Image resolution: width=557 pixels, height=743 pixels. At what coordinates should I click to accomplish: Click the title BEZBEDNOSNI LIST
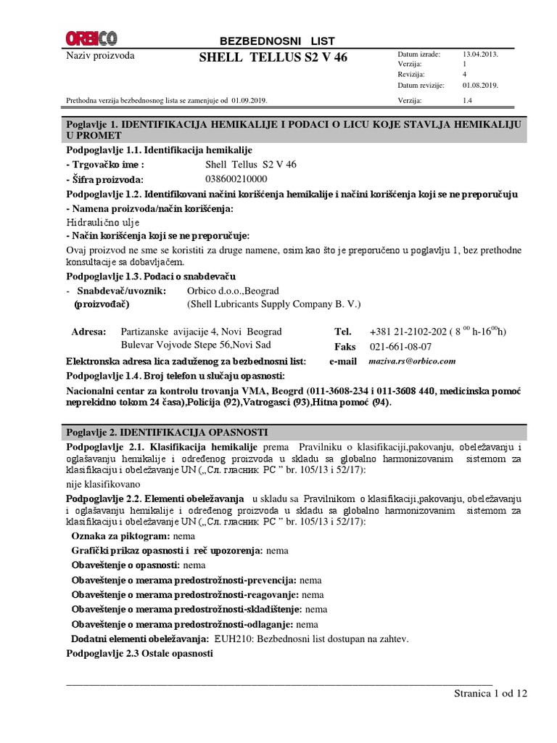tap(277, 41)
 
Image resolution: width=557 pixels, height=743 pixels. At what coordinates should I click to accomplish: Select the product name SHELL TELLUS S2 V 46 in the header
tap(273, 58)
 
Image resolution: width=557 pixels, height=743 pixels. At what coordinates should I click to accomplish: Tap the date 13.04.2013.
tap(479, 54)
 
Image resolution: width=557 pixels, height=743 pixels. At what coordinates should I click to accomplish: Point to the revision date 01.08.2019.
tap(479, 85)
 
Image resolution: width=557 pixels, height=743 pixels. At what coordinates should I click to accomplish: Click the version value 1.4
tap(468, 101)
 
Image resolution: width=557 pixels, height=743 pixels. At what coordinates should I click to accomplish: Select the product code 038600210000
tap(236, 179)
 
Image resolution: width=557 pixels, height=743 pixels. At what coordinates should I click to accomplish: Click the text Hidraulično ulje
tap(103, 222)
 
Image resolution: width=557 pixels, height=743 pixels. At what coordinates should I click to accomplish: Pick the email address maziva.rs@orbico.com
tap(412, 361)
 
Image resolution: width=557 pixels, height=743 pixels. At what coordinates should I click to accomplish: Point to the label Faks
tap(344, 346)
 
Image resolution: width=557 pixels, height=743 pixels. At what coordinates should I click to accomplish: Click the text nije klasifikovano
tap(104, 484)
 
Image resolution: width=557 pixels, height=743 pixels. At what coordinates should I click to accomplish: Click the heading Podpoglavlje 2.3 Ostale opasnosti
tap(139, 653)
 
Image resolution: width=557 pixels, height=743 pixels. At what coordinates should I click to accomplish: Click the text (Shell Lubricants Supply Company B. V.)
tap(273, 304)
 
